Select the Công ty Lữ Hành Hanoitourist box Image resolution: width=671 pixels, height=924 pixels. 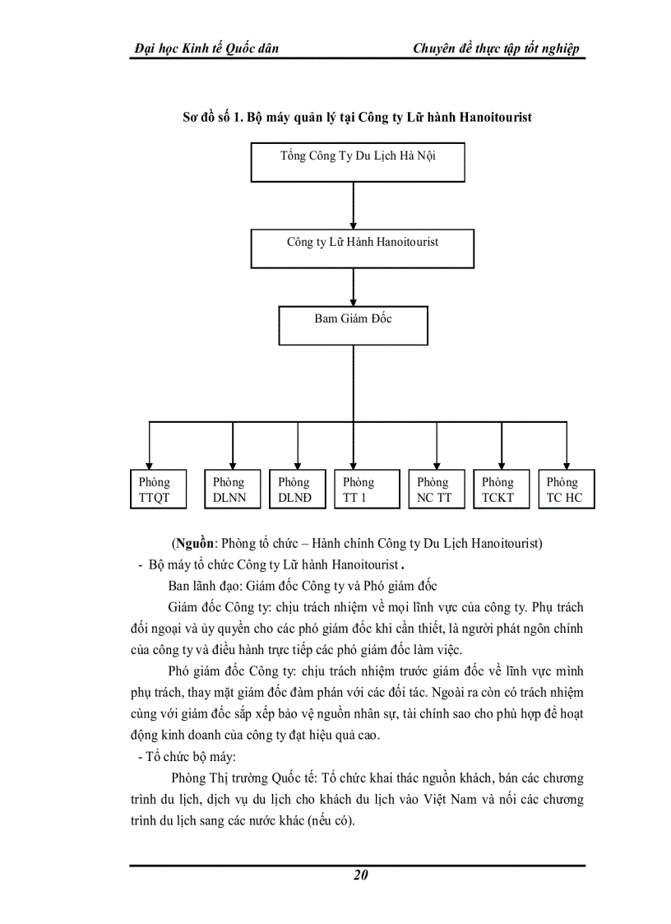click(x=362, y=248)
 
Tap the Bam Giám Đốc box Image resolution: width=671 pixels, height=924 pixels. click(x=353, y=325)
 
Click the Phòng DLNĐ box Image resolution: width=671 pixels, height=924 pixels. click(x=297, y=489)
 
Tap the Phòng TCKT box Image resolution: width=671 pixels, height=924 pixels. click(x=501, y=489)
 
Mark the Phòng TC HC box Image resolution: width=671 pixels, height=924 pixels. click(x=566, y=489)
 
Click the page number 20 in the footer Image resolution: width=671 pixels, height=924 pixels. click(x=359, y=875)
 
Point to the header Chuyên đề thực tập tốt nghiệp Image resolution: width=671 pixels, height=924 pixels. click(x=497, y=48)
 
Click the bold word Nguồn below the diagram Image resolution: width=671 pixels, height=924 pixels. click(x=192, y=544)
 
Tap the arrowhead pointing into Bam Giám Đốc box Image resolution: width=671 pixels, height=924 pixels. click(x=353, y=301)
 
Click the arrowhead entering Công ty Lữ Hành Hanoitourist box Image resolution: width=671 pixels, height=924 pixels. click(x=353, y=224)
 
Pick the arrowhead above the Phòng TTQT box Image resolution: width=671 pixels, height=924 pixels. click(x=149, y=464)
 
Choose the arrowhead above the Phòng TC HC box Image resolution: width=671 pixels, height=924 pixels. click(x=566, y=464)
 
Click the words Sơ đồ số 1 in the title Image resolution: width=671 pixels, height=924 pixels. click(x=209, y=117)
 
